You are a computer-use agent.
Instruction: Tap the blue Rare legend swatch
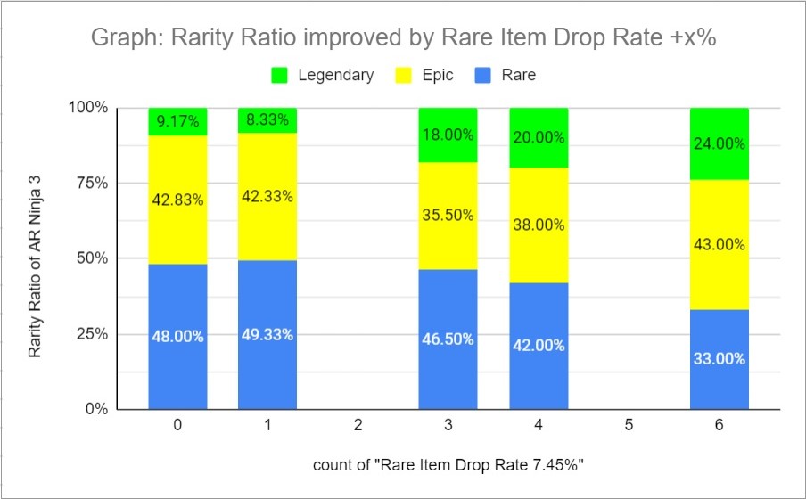click(488, 76)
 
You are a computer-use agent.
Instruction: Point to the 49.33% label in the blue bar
click(267, 335)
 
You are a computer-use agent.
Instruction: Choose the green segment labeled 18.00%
click(448, 135)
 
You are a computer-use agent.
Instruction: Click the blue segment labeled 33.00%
click(719, 359)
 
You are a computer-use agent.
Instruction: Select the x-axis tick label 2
click(358, 426)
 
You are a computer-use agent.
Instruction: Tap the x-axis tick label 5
click(629, 426)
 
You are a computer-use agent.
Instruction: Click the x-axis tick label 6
click(719, 426)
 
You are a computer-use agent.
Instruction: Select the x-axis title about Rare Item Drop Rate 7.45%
click(448, 466)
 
